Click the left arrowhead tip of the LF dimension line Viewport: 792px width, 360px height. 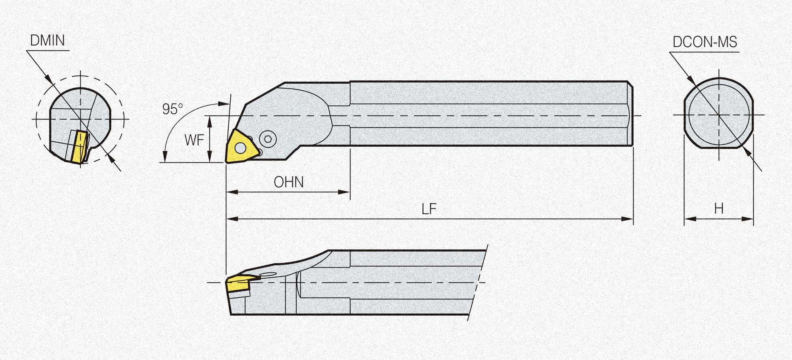pos(227,219)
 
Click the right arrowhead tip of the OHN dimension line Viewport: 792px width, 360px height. pos(350,192)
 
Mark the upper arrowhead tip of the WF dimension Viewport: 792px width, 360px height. pos(210,116)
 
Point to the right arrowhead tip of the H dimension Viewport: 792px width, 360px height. pos(753,219)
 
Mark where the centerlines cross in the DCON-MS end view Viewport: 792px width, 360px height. pos(719,115)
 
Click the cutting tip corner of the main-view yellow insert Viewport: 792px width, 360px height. pos(226,162)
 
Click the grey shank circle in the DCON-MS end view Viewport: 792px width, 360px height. pos(719,115)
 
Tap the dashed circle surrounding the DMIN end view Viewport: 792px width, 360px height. pos(80,119)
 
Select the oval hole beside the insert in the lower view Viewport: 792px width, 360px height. pos(268,275)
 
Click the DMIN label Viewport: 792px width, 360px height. pos(48,41)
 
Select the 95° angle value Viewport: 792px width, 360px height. pos(173,109)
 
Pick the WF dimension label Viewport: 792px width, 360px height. pos(194,140)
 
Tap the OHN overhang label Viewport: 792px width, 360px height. pos(289,182)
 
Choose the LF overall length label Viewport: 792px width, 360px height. pos(429,209)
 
